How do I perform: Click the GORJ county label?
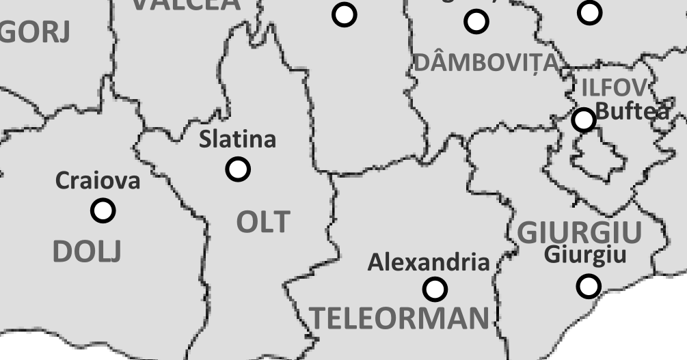(34, 32)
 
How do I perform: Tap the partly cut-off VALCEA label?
(186, 4)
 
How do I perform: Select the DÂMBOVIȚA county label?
(487, 63)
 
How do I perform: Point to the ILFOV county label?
(613, 87)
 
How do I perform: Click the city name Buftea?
(632, 110)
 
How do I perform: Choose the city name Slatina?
(237, 139)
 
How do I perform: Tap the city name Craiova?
(97, 181)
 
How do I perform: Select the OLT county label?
(263, 223)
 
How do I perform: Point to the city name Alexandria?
(429, 262)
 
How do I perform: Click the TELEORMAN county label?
(401, 318)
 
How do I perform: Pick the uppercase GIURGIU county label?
(579, 233)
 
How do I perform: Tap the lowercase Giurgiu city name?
(584, 255)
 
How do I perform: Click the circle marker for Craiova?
(103, 210)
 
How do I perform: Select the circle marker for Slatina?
(238, 168)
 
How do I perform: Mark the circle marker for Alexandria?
(435, 289)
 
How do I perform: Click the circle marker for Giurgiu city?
(589, 285)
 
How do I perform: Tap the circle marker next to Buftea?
(584, 120)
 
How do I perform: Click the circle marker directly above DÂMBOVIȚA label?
(476, 21)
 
